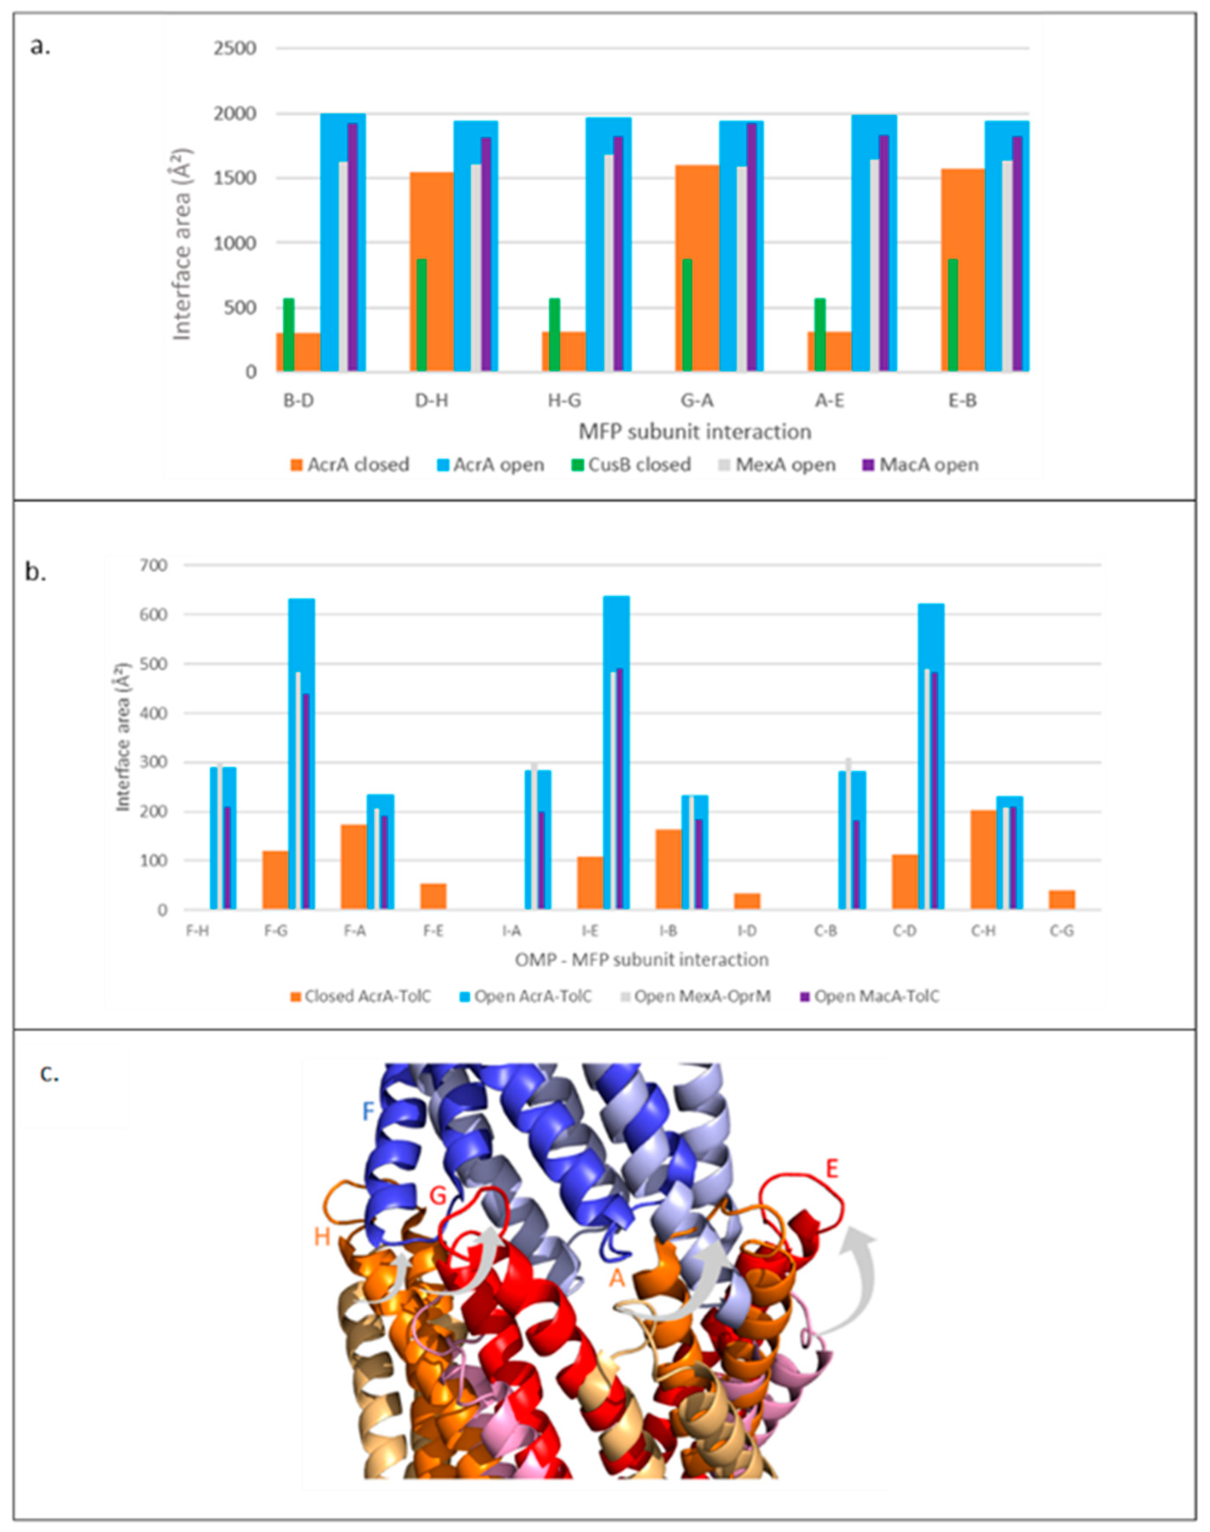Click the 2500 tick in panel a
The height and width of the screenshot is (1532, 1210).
(x=236, y=49)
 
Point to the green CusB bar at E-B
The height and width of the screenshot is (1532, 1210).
(x=953, y=315)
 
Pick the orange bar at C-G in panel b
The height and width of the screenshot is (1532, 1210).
(x=1062, y=899)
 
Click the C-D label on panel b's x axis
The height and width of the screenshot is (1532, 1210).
(x=904, y=931)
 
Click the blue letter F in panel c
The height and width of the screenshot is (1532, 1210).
(x=368, y=1111)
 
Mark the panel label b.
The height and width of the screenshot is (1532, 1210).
(x=35, y=572)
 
